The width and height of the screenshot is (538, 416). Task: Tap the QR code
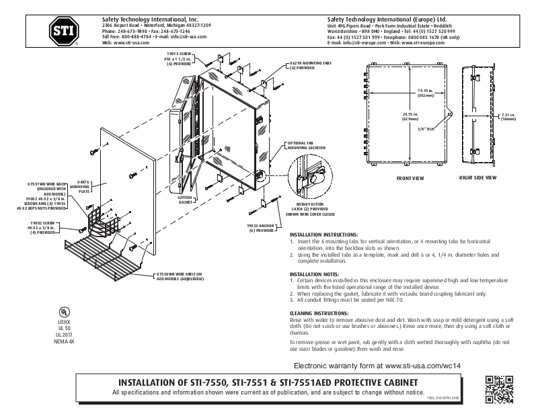499,389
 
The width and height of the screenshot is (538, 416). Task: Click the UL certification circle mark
63,312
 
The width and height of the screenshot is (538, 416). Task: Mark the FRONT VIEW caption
410,178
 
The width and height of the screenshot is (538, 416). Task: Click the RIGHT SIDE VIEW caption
477,178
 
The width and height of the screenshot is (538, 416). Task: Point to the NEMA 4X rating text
63,342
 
